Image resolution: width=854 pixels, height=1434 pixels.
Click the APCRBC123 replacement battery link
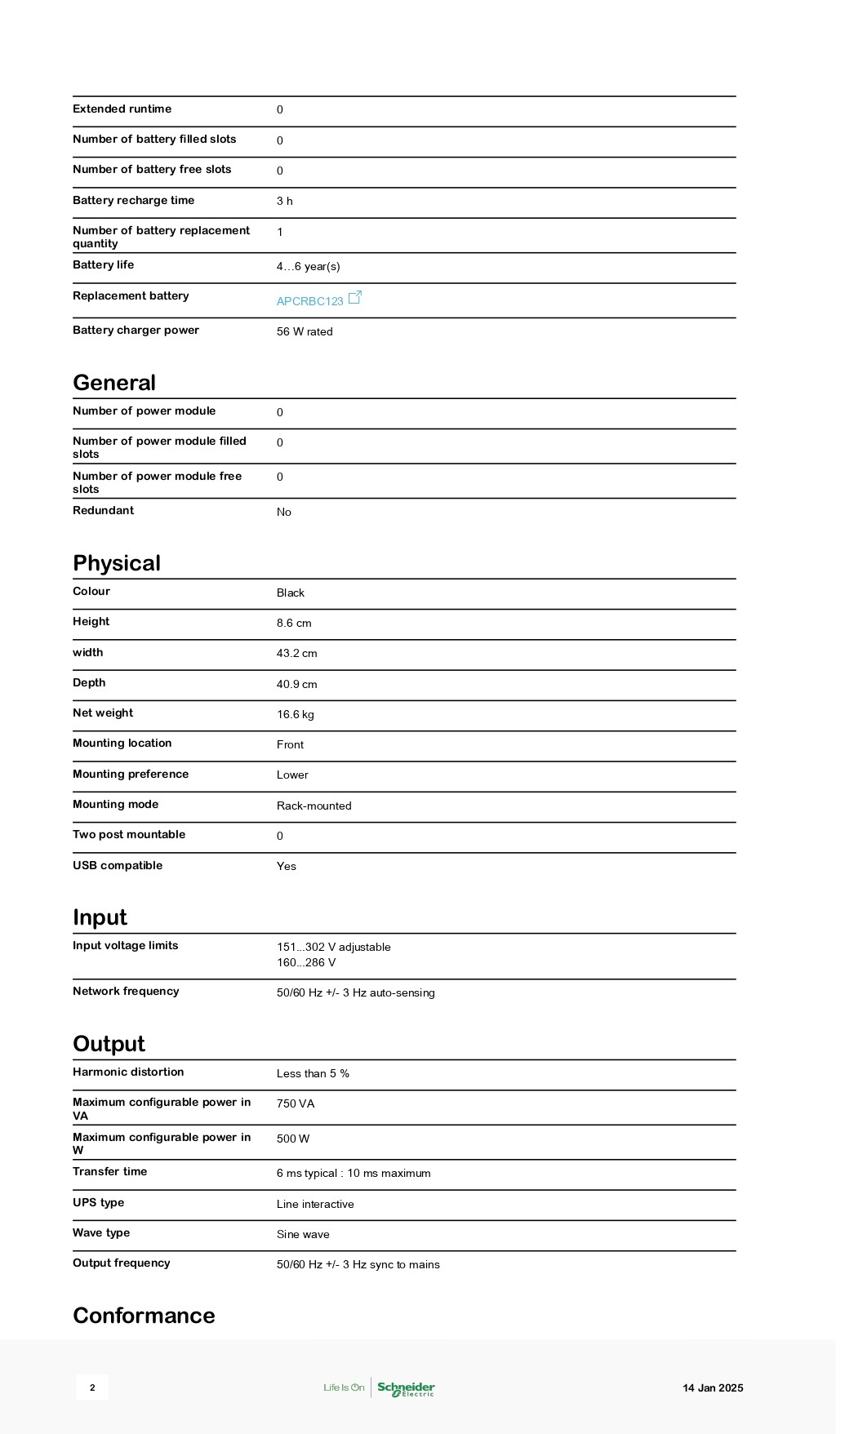tap(309, 301)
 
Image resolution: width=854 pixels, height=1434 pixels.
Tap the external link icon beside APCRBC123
tap(354, 298)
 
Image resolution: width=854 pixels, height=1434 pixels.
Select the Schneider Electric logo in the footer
tap(406, 1388)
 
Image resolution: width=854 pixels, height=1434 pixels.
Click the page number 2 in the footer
tap(92, 1387)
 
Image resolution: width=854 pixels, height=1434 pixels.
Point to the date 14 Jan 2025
tap(713, 1387)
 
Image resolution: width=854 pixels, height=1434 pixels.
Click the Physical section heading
tap(117, 563)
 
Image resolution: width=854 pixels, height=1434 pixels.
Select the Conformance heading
tap(144, 1316)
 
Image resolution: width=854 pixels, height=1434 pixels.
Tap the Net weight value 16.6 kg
tap(295, 714)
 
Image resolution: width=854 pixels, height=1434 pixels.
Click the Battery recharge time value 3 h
tap(284, 201)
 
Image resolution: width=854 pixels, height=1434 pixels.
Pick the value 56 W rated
tap(305, 331)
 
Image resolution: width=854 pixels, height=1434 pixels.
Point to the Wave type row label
tap(101, 1232)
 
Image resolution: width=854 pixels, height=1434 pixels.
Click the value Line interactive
tap(315, 1204)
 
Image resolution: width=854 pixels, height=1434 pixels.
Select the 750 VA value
tap(296, 1103)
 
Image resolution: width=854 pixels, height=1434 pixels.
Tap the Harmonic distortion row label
tap(128, 1072)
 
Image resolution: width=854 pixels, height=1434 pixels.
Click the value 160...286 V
tap(306, 962)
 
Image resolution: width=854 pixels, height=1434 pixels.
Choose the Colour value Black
tap(290, 593)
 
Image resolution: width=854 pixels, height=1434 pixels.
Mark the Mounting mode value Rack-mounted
tap(314, 806)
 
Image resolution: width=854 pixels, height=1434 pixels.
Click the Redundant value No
tap(283, 512)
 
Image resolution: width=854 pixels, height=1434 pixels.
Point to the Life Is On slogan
tap(344, 1387)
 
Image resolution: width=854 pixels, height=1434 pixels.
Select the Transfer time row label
tap(109, 1171)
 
